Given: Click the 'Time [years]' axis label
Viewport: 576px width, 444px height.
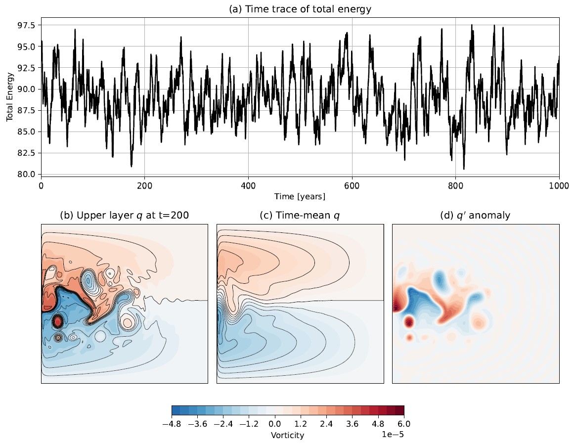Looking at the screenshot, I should [x=300, y=196].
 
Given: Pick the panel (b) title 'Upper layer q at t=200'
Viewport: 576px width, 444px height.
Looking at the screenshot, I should [x=124, y=215].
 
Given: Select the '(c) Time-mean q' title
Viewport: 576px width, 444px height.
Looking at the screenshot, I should [x=300, y=215].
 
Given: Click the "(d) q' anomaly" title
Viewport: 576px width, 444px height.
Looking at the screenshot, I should [x=476, y=215].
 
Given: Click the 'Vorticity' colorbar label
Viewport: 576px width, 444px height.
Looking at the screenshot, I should [x=287, y=435].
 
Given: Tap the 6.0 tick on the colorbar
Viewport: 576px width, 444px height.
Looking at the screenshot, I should [x=404, y=424].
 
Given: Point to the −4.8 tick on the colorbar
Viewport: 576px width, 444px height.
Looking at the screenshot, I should [x=172, y=424].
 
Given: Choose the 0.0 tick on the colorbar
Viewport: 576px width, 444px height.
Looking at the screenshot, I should [x=275, y=424].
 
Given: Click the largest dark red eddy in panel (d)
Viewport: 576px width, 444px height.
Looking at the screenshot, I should [x=409, y=323].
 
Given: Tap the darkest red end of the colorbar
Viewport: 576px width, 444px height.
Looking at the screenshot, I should [x=400, y=410].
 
